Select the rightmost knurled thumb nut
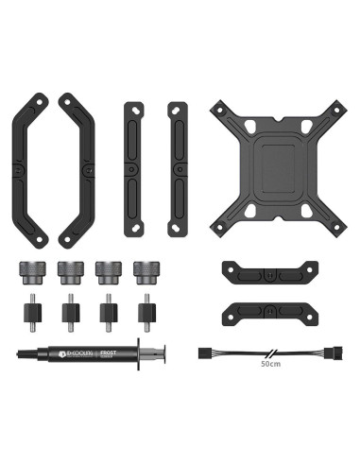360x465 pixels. point(146,271)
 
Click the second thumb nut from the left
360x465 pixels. point(69,271)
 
